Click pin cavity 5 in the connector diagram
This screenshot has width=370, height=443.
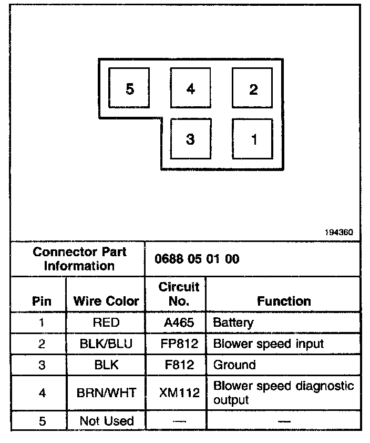click(129, 88)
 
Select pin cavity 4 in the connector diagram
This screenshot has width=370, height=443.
click(190, 88)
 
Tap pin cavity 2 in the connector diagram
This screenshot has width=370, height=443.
click(253, 88)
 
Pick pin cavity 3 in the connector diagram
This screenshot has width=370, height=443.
click(190, 139)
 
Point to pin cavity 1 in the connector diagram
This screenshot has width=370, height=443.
click(253, 139)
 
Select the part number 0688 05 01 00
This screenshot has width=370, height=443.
click(197, 259)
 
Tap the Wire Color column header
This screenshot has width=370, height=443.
click(106, 301)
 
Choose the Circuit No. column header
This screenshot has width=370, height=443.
click(179, 295)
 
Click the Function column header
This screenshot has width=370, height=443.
click(284, 301)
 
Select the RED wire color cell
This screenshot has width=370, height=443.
click(106, 323)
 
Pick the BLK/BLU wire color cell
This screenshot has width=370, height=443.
click(106, 344)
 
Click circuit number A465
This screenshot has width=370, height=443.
click(179, 323)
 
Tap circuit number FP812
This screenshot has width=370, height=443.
click(179, 344)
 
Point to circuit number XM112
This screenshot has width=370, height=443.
click(179, 392)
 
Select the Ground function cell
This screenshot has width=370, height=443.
click(234, 365)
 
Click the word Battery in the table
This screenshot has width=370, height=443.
click(233, 323)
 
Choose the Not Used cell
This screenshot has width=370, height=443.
click(106, 421)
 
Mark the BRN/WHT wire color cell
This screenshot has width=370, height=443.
click(106, 392)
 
